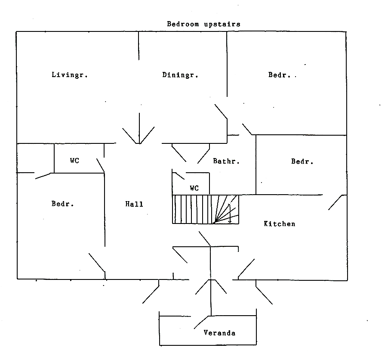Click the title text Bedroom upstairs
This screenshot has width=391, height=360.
pyautogui.click(x=203, y=24)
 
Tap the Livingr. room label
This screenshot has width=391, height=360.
pyautogui.click(x=70, y=74)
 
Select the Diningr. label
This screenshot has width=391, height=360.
pyautogui.click(x=180, y=75)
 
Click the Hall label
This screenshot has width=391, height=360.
pyautogui.click(x=134, y=204)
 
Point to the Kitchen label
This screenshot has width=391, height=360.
pyautogui.click(x=280, y=223)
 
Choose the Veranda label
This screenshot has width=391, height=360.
pyautogui.click(x=219, y=333)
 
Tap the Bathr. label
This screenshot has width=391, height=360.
pyautogui.click(x=226, y=161)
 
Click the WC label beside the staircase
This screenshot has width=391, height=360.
pyautogui.click(x=194, y=188)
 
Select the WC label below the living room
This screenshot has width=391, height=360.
pyautogui.click(x=74, y=161)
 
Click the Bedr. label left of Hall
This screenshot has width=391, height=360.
pyautogui.click(x=63, y=204)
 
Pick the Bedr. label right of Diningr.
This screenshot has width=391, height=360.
pyautogui.click(x=280, y=75)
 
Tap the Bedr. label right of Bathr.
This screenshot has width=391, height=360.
pyautogui.click(x=302, y=161)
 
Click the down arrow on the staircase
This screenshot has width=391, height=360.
pyautogui.click(x=230, y=214)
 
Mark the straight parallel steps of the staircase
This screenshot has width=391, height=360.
pyautogui.click(x=192, y=209)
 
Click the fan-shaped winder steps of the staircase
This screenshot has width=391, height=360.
pyautogui.click(x=225, y=209)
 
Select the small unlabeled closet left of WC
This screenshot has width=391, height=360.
pyautogui.click(x=35, y=158)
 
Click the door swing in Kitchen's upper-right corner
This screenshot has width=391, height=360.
pyautogui.click(x=335, y=202)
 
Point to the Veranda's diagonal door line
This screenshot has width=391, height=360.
pyautogui.click(x=201, y=322)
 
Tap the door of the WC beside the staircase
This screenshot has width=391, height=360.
pyautogui.click(x=178, y=176)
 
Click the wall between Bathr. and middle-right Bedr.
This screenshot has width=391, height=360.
pyautogui.click(x=256, y=165)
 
